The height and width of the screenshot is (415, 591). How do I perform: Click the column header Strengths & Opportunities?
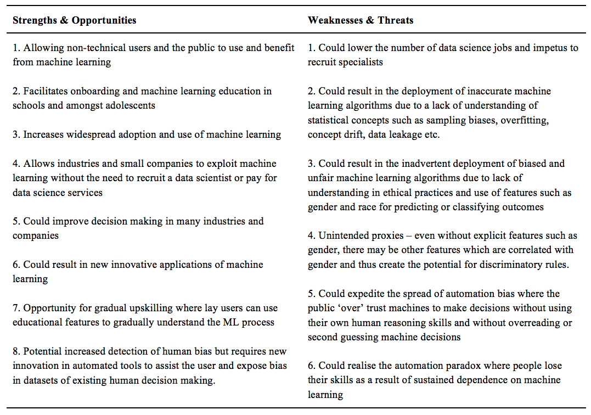click(x=74, y=20)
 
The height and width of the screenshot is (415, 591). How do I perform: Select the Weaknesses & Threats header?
click(x=361, y=20)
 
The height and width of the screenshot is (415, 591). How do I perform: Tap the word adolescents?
click(x=129, y=105)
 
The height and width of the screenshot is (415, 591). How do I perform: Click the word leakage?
click(x=400, y=134)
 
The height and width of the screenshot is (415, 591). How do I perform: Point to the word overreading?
click(x=542, y=323)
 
